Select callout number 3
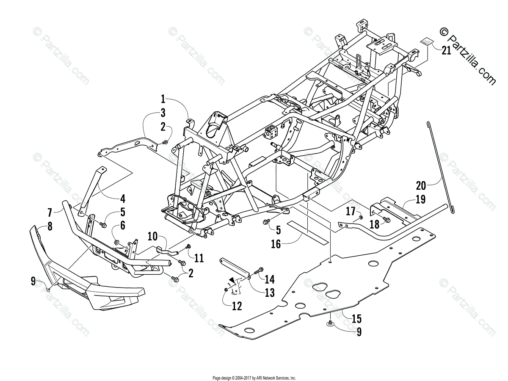(x=163, y=113)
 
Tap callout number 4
(x=122, y=198)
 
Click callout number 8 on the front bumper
(x=50, y=226)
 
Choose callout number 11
(x=199, y=257)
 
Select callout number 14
(x=270, y=279)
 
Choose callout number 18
(x=375, y=224)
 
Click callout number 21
(x=446, y=51)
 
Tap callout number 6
(x=122, y=226)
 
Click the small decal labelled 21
(x=427, y=42)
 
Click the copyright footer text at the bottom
(x=254, y=378)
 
